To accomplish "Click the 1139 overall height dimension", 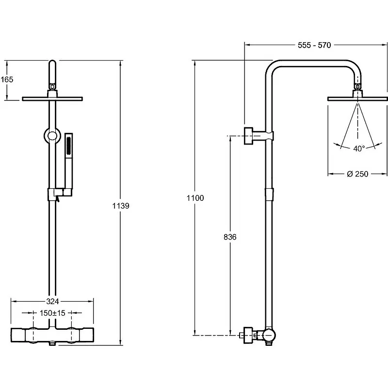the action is [x=121, y=206].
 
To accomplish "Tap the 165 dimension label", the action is [x=7, y=80].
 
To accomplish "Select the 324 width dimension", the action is [x=52, y=301].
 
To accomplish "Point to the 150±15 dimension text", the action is [x=52, y=313].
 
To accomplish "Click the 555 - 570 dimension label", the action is [x=314, y=45].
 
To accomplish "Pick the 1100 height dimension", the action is [x=195, y=198].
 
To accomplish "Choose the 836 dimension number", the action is [x=230, y=237].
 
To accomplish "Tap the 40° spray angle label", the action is [x=359, y=148].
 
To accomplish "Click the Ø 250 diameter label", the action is [x=357, y=174].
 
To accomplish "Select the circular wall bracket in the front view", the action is [x=52, y=136].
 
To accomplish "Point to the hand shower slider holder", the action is [x=59, y=194].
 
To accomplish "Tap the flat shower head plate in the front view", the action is [x=52, y=99].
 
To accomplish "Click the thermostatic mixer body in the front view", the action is [x=52, y=336].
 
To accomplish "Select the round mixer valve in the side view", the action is [x=269, y=336].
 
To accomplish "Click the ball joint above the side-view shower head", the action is [x=357, y=86].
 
